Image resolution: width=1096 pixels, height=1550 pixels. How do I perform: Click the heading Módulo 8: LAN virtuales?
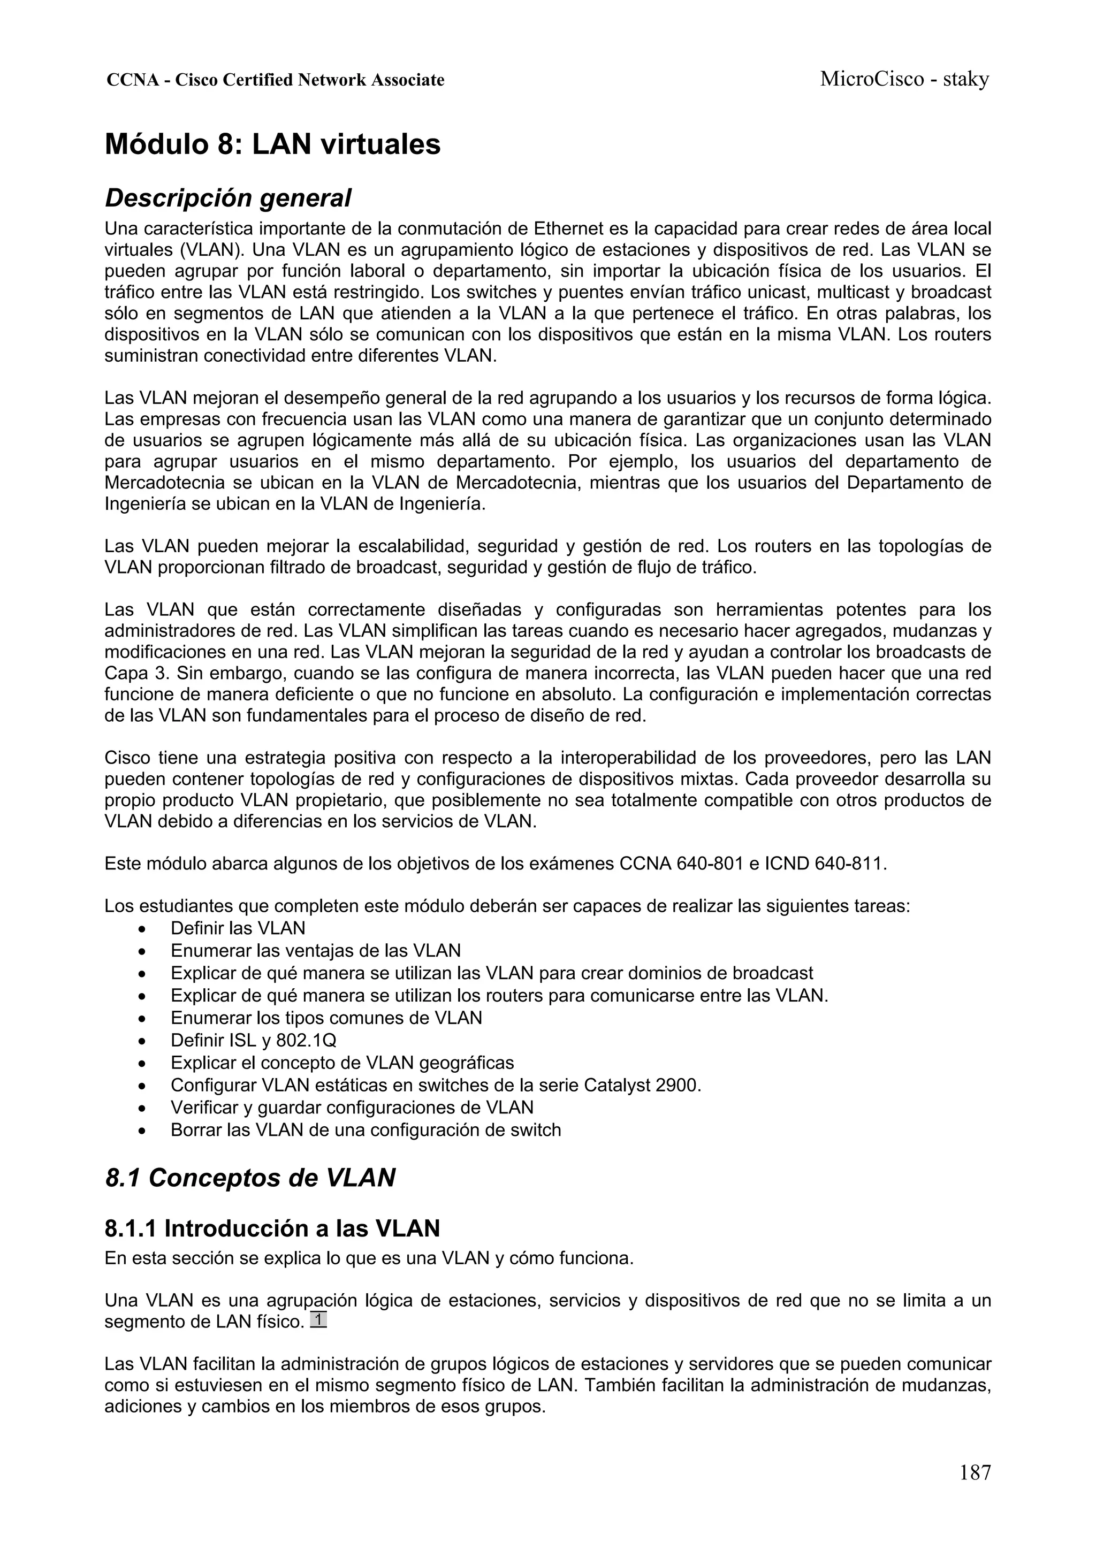[272, 144]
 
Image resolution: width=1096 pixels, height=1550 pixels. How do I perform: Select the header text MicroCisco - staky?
[903, 80]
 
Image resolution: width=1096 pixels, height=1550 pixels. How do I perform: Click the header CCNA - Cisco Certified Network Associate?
[276, 80]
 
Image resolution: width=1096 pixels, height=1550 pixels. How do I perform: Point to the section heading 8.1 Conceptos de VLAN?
[250, 1178]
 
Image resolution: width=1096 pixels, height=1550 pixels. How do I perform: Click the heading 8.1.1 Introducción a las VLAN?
[272, 1228]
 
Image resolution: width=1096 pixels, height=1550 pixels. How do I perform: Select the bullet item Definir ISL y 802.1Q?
[253, 1040]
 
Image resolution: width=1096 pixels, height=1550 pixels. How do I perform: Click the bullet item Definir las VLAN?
[238, 928]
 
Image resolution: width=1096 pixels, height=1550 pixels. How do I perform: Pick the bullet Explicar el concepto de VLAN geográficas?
[342, 1063]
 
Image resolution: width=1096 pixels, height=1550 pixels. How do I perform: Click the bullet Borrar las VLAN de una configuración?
[366, 1130]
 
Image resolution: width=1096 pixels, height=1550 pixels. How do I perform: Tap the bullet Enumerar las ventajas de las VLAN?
[315, 951]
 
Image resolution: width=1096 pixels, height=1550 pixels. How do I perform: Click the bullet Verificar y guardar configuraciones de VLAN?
[352, 1108]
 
